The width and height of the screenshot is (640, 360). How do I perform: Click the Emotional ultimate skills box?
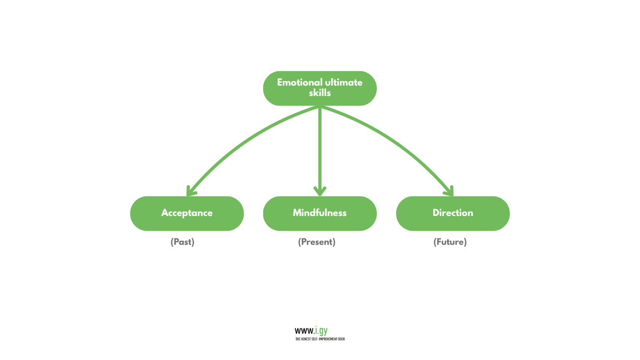[320, 88]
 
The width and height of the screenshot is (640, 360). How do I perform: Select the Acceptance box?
[187, 213]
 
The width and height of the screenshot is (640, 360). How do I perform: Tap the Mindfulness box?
[320, 213]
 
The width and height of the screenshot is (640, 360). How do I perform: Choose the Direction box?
[453, 213]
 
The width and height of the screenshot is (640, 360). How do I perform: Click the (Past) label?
[182, 242]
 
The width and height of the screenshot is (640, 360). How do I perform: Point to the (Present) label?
[317, 242]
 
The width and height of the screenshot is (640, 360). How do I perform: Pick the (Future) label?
[450, 242]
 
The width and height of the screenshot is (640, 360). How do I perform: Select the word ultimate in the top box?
[344, 82]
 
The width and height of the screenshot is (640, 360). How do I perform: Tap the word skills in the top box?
[320, 93]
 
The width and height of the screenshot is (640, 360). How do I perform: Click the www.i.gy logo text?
[311, 331]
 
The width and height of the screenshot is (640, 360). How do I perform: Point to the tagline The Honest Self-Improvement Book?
[320, 339]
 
